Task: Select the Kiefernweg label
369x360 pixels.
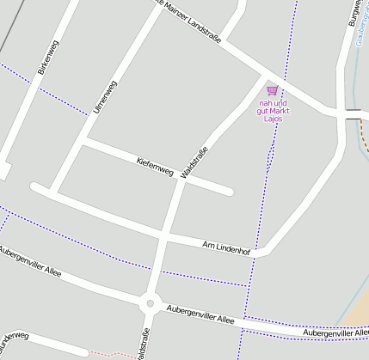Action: [155, 166]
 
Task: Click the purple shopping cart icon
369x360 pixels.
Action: [272, 90]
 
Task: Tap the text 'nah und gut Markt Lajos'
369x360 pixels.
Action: [272, 110]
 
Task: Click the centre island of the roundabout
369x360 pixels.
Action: [151, 302]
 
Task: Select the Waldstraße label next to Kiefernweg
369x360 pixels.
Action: [195, 163]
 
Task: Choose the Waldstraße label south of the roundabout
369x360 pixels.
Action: [142, 342]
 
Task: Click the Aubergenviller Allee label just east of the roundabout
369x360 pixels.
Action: [200, 314]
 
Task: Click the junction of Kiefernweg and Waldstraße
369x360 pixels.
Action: [181, 180]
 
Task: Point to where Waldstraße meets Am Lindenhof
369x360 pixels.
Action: [164, 237]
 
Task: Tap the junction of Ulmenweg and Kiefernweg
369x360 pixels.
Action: [83, 140]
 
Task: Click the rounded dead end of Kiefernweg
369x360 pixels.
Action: [230, 191]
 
